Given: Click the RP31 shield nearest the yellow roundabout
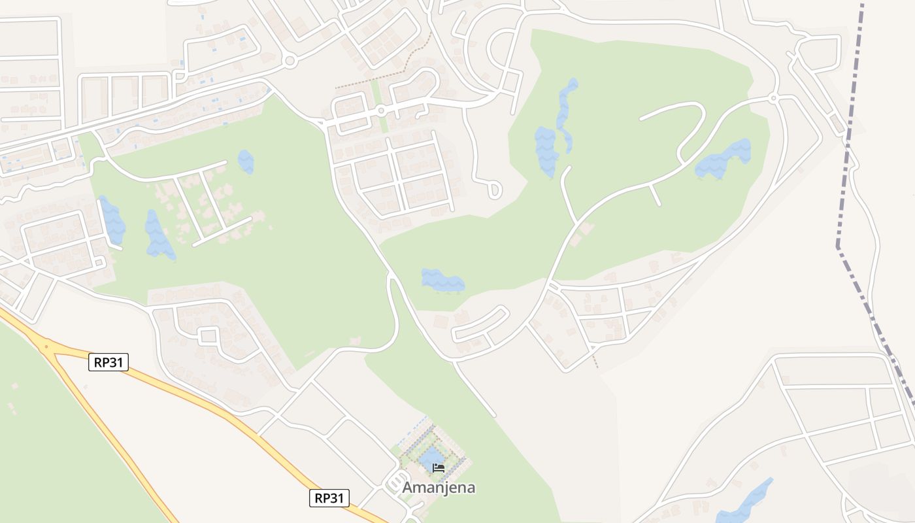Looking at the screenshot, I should click(108, 362).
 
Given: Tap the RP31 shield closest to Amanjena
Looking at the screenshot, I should click(329, 498).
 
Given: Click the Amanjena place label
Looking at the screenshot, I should click(439, 488).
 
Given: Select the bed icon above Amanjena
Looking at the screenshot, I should click(439, 468).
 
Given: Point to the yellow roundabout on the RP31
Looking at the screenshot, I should click(46, 347).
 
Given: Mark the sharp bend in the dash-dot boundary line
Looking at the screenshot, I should click(837, 246).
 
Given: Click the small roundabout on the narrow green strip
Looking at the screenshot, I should click(381, 110).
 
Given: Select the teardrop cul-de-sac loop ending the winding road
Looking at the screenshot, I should click(495, 190).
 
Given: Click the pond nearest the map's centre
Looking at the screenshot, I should click(442, 280).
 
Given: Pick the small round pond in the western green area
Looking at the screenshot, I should click(246, 161).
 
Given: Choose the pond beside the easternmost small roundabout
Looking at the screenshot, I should click(724, 159).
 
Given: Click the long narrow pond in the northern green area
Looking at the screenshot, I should click(566, 108).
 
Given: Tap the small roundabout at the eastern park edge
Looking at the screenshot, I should click(773, 98).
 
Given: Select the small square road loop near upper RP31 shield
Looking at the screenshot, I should click(208, 336).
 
